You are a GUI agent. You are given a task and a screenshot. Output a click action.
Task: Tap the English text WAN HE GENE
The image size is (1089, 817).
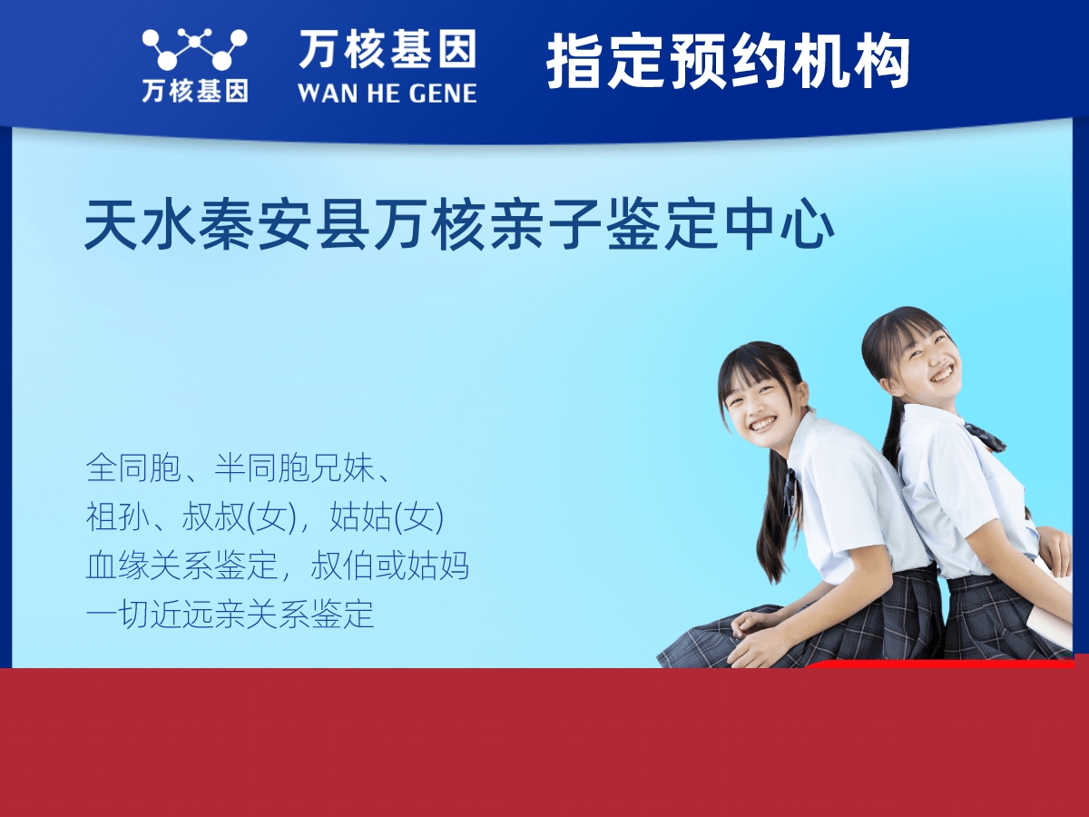387,93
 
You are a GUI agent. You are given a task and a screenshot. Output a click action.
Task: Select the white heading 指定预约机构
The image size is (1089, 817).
728,62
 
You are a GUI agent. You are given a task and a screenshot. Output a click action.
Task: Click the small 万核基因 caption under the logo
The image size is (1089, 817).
194,91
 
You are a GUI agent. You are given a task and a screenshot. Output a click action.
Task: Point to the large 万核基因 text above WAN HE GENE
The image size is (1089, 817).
387,49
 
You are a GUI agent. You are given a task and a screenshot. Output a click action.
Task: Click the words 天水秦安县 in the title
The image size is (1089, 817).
226,225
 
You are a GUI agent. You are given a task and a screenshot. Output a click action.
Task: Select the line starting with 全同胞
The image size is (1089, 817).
240,468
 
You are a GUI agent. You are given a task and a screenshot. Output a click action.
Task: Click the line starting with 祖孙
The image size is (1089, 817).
264,517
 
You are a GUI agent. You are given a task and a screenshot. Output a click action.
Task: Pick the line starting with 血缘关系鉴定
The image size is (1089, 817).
277,566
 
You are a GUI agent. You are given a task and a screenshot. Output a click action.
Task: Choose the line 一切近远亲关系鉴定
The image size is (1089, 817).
230,614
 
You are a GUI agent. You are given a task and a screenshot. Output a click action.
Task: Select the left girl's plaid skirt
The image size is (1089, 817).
844,626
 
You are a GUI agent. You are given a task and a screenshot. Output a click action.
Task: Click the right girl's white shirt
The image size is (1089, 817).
953,499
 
